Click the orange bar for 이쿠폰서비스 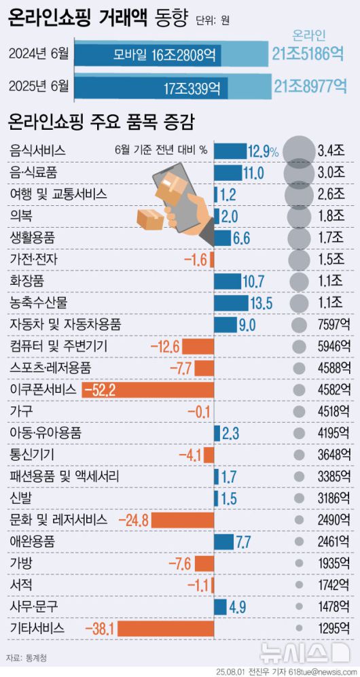tap(147, 389)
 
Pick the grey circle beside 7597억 tap(298, 325)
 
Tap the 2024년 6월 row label tap(40, 53)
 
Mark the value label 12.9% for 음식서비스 tap(264, 151)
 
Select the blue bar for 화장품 tap(227, 281)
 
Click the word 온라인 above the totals tap(309, 34)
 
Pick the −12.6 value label tap(164, 347)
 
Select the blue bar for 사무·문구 tap(220, 606)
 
